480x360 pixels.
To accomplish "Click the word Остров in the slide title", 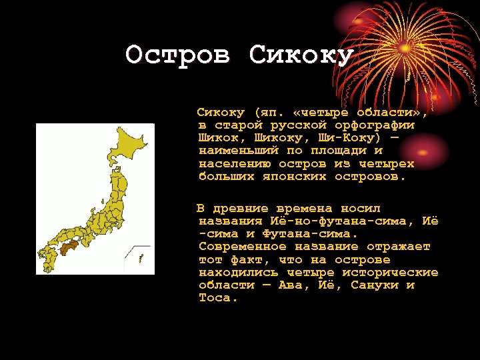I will (x=178, y=55).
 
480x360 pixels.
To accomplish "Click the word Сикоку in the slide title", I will (x=301, y=55).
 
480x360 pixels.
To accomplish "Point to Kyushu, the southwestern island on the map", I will (x=48, y=256).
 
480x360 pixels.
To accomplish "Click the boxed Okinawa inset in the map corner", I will (x=141, y=257).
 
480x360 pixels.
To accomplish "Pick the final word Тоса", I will (x=217, y=298).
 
